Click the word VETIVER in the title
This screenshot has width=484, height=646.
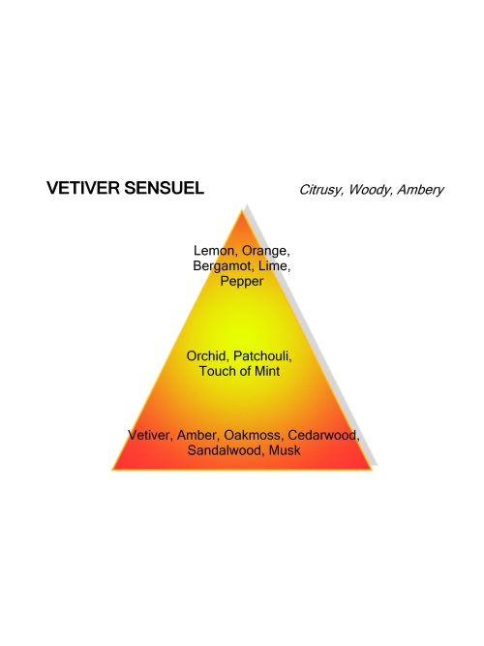pos(83,188)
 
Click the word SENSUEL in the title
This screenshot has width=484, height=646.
pos(164,188)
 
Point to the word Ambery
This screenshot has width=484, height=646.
pos(420,190)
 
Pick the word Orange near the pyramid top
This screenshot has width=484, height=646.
pos(265,251)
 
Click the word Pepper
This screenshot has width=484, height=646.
pos(242,282)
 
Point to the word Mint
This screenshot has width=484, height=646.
pos(267,371)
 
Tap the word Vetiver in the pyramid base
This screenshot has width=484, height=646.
pos(150,436)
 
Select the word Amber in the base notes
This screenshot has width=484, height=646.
pos(198,436)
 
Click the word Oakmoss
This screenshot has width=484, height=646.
pos(254,436)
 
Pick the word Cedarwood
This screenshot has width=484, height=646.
pos(323,436)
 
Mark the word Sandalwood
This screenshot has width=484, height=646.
pos(227,450)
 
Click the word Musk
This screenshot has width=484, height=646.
pos(285,450)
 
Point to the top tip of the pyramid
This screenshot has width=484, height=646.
pos(242,209)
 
